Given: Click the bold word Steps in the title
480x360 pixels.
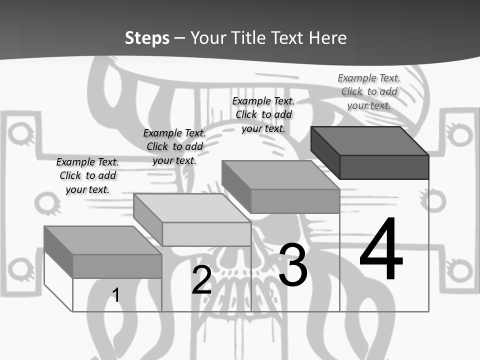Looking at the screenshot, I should (x=147, y=38).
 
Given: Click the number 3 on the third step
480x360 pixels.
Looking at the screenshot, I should (x=293, y=264).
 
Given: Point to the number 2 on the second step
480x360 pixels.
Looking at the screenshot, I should (x=201, y=280).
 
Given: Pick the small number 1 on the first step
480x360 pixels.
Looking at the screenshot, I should (x=115, y=295).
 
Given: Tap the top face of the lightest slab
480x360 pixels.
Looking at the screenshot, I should (x=192, y=208).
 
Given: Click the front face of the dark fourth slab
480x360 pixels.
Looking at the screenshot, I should (x=384, y=167).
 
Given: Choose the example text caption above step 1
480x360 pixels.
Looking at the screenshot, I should (x=87, y=175).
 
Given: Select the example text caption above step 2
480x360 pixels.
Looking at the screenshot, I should (x=174, y=146).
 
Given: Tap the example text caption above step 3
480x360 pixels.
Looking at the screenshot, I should (x=263, y=114).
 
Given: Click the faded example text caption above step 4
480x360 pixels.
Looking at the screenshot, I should (x=369, y=91).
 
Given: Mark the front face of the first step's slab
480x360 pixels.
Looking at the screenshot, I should (x=117, y=266).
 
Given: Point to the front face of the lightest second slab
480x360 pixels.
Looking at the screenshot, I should (x=206, y=234).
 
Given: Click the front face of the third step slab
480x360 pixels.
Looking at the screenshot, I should (x=295, y=201).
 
